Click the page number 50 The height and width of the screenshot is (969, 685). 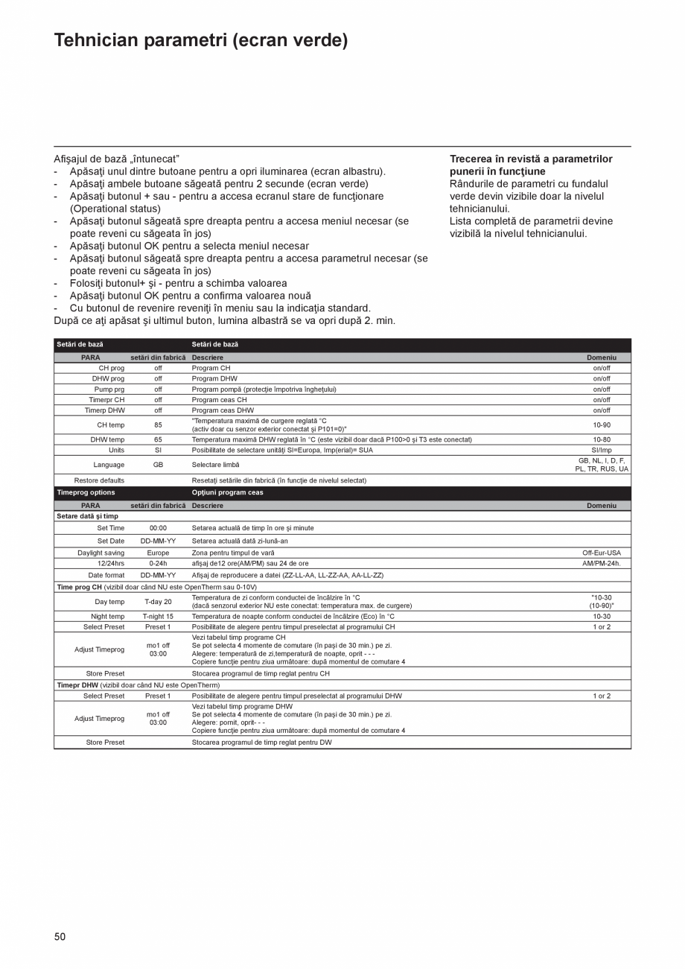60,936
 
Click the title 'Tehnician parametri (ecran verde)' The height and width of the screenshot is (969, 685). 201,40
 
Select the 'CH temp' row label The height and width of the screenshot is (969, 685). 111,425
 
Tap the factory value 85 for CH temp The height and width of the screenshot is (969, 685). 158,425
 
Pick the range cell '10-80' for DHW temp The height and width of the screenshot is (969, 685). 601,439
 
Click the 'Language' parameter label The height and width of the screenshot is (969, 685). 109,465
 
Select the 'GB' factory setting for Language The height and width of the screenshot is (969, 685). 158,465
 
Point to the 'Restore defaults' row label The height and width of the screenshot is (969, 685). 99,480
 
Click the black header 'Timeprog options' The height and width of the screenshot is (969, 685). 86,492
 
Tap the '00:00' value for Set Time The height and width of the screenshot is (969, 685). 158,528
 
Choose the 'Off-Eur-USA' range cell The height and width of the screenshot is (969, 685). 601,553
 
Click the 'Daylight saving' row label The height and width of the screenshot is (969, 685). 101,553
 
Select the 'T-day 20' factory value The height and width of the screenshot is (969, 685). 158,602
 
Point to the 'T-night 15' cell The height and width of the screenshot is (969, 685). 158,617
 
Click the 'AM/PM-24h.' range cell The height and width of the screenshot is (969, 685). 601,563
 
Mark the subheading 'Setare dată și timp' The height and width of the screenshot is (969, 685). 88,516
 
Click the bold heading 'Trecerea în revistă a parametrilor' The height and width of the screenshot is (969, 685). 531,159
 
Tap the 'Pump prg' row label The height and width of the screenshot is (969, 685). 109,389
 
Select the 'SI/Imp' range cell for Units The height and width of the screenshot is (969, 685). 601,450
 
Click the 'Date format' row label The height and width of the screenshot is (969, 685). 106,575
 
